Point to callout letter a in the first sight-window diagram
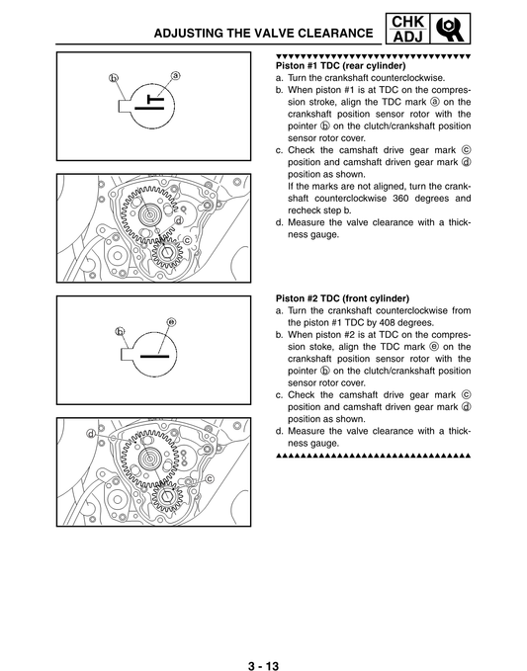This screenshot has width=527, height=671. (176, 75)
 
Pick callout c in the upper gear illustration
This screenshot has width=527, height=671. (189, 240)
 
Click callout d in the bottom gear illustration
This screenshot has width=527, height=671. (91, 433)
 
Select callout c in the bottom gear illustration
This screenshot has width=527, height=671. (211, 477)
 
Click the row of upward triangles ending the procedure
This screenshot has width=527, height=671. (372, 457)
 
